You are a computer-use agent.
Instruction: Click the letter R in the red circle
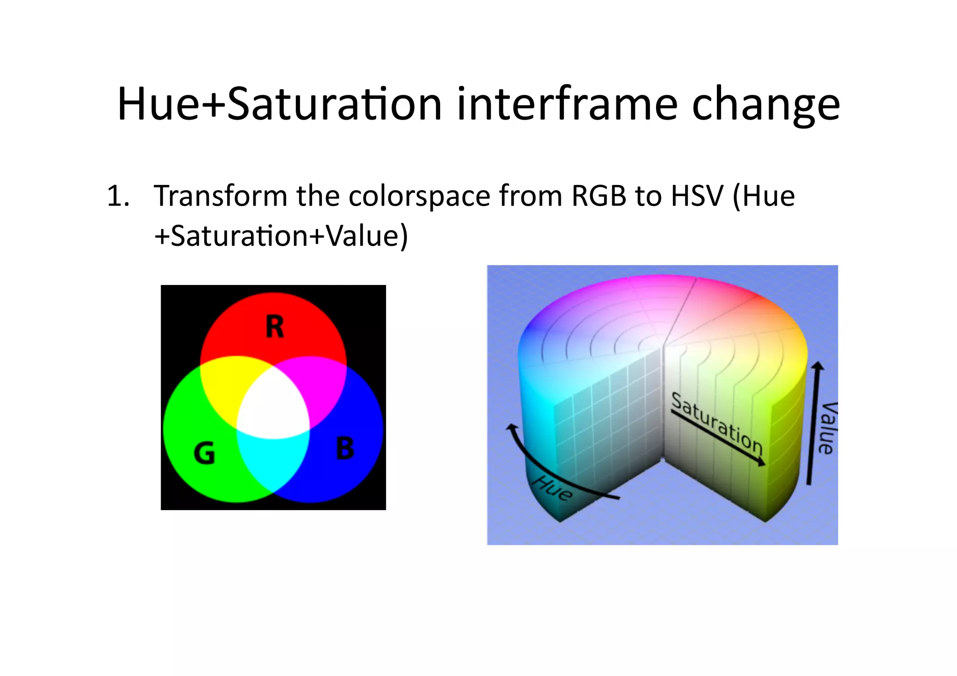click(275, 327)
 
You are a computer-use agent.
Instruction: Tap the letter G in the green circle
click(204, 453)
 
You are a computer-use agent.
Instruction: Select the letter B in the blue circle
click(345, 448)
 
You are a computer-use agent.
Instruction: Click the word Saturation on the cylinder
click(717, 423)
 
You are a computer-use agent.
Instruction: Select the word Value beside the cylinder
click(828, 427)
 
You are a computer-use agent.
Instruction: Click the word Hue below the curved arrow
click(553, 488)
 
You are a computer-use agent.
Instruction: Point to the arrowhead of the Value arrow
click(817, 367)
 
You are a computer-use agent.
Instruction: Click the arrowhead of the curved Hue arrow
click(512, 427)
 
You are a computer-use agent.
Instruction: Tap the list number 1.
click(117, 196)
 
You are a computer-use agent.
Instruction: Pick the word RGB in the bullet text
click(599, 196)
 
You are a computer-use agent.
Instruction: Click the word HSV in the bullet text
click(697, 196)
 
